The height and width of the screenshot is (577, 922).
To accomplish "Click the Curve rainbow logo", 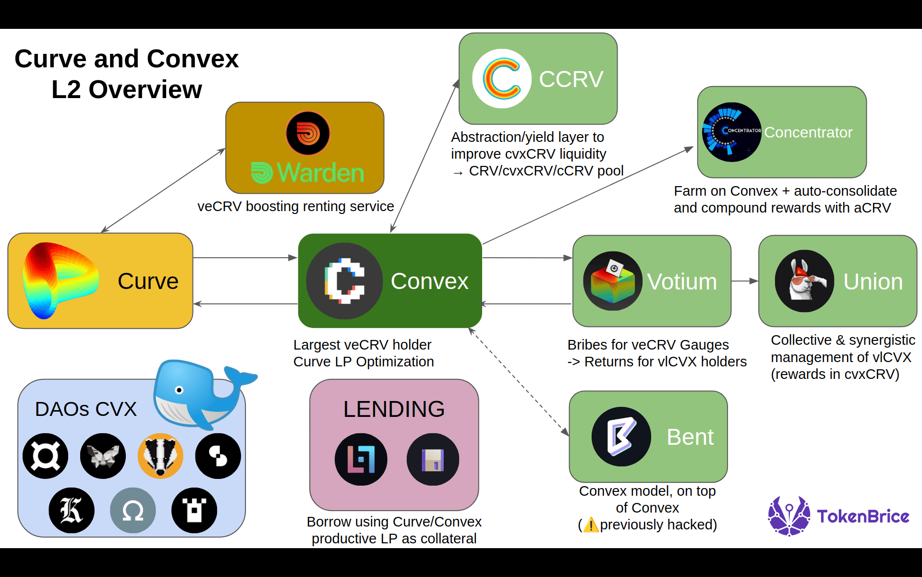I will point(60,280).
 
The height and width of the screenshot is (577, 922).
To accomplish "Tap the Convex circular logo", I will point(344,281).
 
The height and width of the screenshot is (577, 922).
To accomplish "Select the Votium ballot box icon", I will point(613,281).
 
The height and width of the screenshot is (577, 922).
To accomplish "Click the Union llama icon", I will point(804,281).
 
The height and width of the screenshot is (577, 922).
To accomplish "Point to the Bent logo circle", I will point(621,437).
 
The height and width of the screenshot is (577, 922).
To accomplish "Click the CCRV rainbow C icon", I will point(502,78).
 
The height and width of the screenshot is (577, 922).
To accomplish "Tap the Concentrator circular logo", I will point(732,132).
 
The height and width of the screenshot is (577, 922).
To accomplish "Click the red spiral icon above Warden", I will point(308,133).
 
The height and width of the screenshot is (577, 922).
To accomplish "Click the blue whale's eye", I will point(179,390).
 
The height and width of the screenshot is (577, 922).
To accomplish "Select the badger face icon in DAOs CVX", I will point(160,456).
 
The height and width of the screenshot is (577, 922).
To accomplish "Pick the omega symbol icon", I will point(133,510).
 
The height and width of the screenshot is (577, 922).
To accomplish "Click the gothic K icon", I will point(72,510).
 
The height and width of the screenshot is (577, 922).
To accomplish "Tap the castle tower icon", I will point(194,510).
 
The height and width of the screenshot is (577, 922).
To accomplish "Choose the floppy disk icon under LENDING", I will point(433,459).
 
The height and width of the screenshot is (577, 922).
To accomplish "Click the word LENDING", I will point(394,409).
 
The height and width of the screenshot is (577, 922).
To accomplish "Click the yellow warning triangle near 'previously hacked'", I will point(591,525).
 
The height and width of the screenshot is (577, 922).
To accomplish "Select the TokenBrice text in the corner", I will point(863,516).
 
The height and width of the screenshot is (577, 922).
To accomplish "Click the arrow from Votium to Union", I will point(745,281).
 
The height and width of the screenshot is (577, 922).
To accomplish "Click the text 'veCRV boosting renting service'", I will point(295,206).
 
